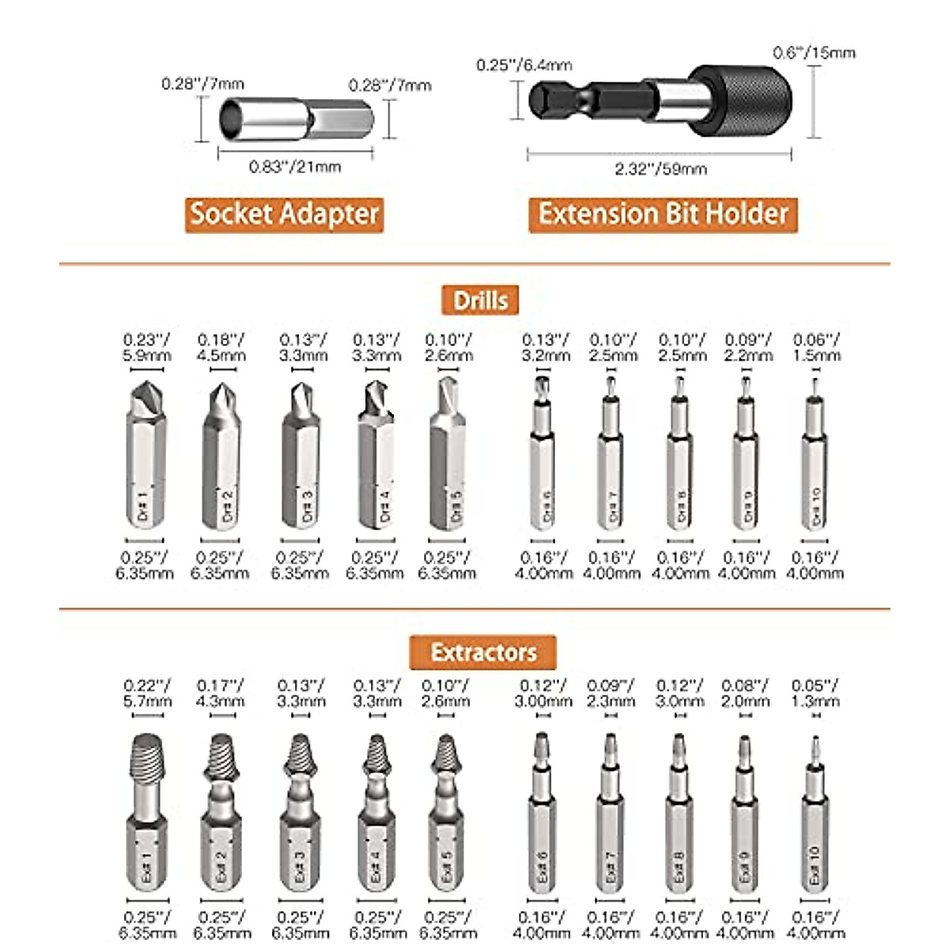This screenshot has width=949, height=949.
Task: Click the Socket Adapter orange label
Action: (x=285, y=214)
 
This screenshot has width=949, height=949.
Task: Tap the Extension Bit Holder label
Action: (x=663, y=214)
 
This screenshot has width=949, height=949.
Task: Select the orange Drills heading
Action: (x=480, y=301)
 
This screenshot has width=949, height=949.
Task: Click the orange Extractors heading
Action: (x=482, y=652)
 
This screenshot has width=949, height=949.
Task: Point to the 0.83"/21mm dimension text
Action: (x=295, y=167)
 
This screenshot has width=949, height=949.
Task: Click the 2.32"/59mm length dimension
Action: (x=660, y=168)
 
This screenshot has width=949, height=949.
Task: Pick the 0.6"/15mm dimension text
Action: (x=814, y=53)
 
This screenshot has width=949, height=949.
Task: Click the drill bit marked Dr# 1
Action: (x=146, y=459)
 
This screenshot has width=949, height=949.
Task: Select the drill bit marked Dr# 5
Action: (x=448, y=459)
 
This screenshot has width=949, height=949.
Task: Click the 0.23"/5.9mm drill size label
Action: (x=146, y=348)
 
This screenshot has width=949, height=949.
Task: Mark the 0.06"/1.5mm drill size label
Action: (x=817, y=348)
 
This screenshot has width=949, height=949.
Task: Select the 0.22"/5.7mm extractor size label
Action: (x=147, y=694)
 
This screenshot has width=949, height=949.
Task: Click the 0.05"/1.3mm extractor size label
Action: (x=815, y=694)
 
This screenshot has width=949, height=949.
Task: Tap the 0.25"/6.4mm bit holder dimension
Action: (x=524, y=65)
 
